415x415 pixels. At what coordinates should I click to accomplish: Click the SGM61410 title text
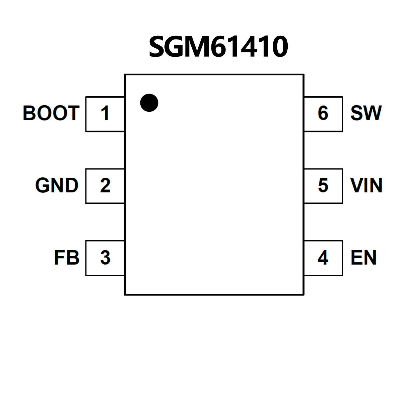(218, 47)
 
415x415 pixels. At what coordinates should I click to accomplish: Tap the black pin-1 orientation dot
(149, 103)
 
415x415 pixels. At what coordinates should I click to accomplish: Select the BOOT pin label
(51, 113)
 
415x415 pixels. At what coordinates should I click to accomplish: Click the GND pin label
(57, 185)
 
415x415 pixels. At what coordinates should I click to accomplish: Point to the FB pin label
(67, 257)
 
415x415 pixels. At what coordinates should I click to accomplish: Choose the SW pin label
(366, 113)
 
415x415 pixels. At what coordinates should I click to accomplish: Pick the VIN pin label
(366, 185)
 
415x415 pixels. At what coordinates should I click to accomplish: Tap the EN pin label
(364, 257)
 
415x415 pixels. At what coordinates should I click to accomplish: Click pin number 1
(105, 113)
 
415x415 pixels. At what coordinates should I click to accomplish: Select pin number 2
(105, 185)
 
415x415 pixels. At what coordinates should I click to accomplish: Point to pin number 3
(105, 257)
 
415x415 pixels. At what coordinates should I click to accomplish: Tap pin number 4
(323, 257)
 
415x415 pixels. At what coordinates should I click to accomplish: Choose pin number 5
(323, 185)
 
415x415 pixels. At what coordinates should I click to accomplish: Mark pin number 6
(323, 113)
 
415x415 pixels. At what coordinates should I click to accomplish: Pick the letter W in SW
(372, 113)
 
